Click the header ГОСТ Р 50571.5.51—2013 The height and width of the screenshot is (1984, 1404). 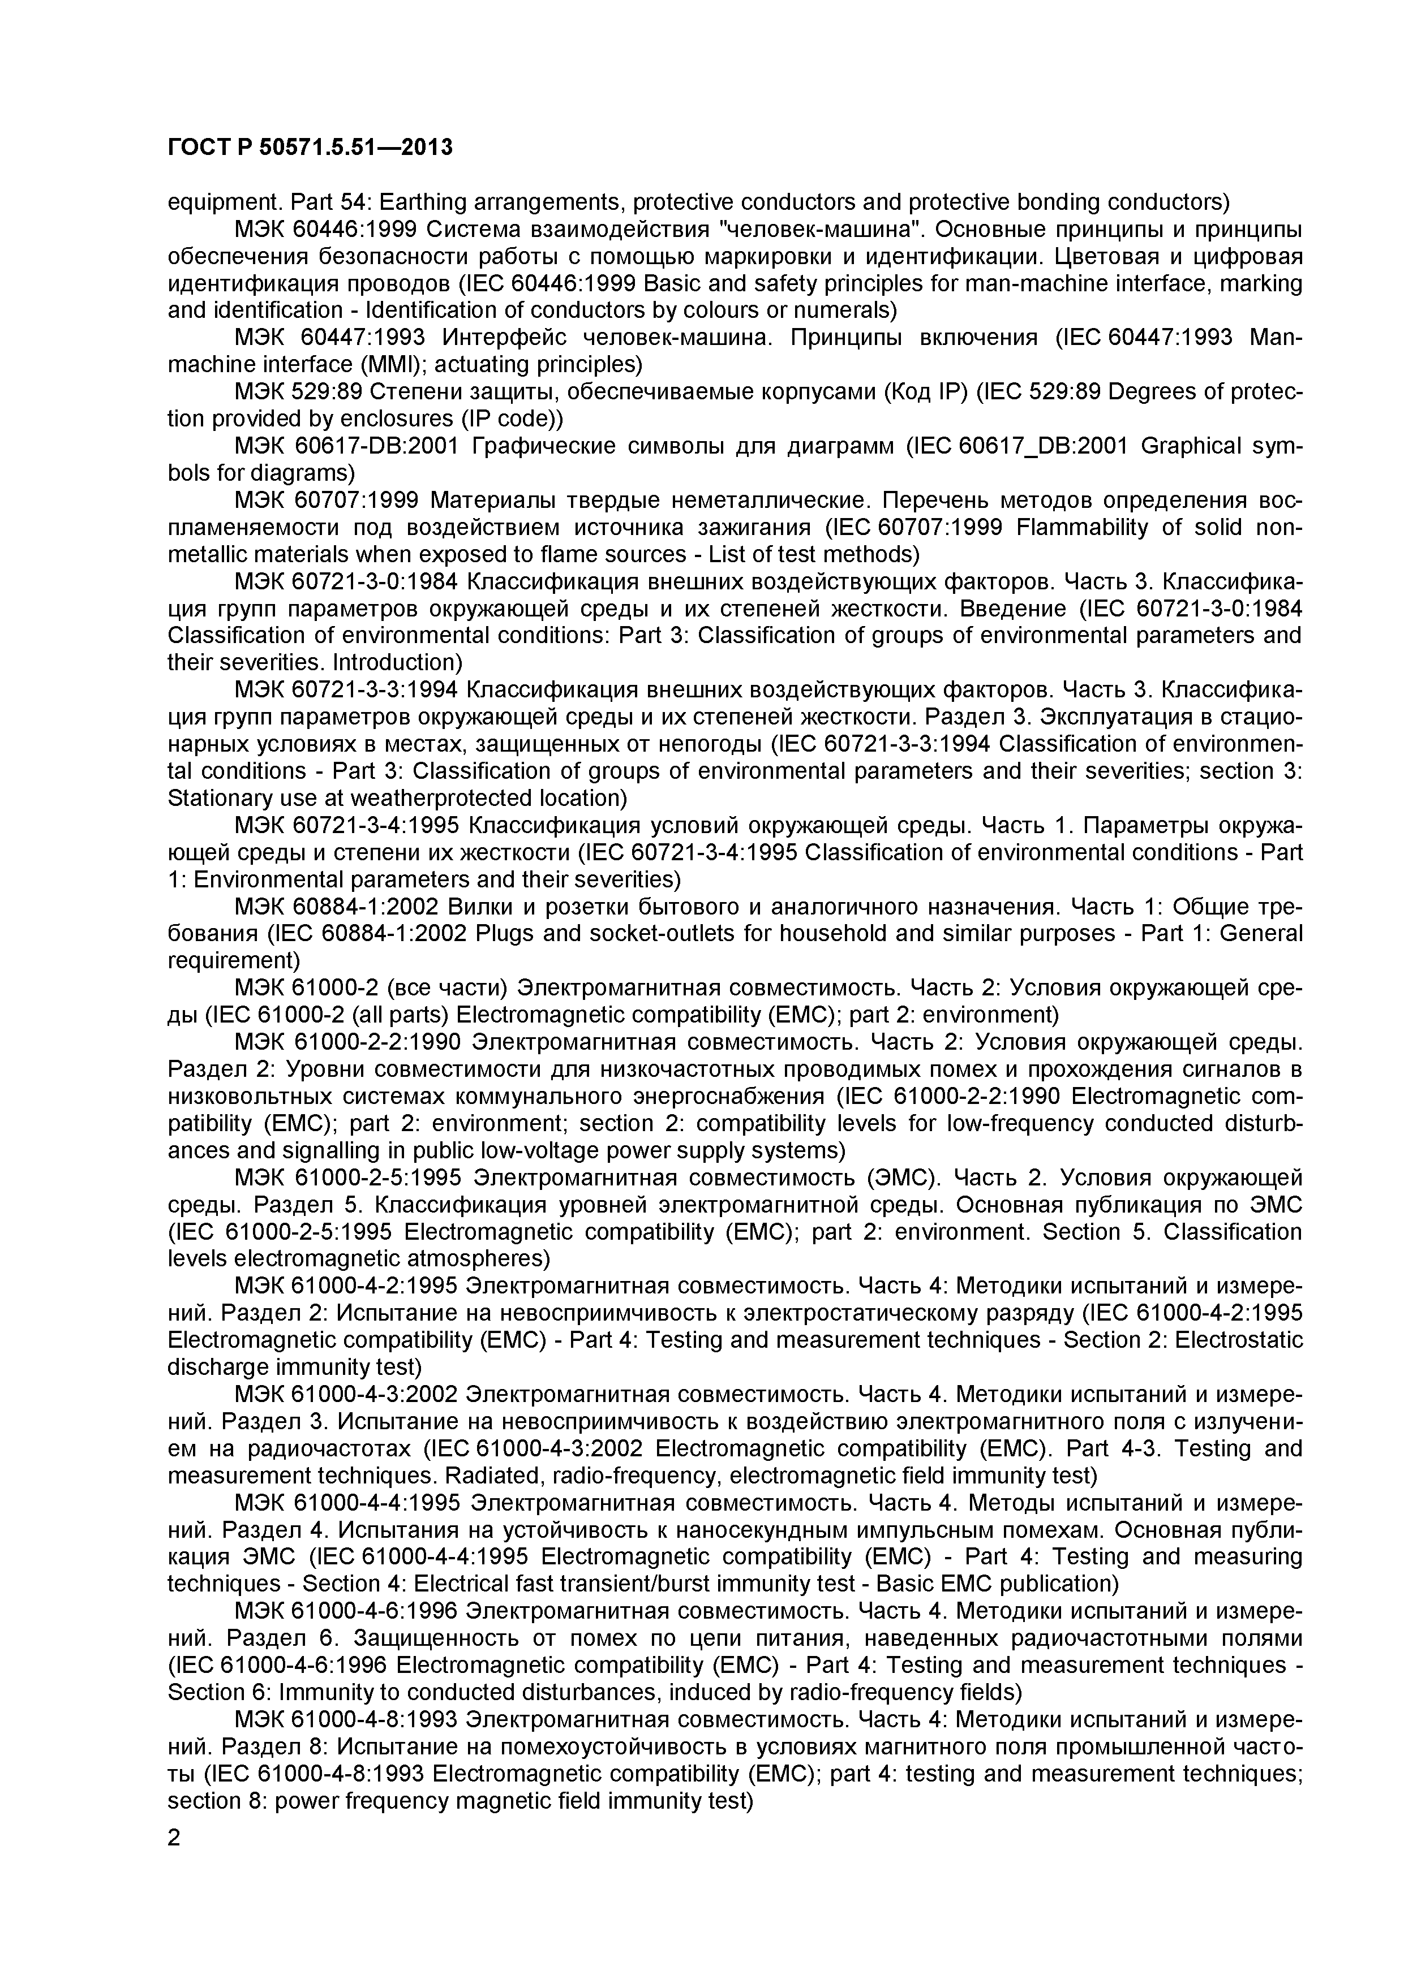(x=310, y=148)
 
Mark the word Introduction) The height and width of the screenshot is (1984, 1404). (x=398, y=663)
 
